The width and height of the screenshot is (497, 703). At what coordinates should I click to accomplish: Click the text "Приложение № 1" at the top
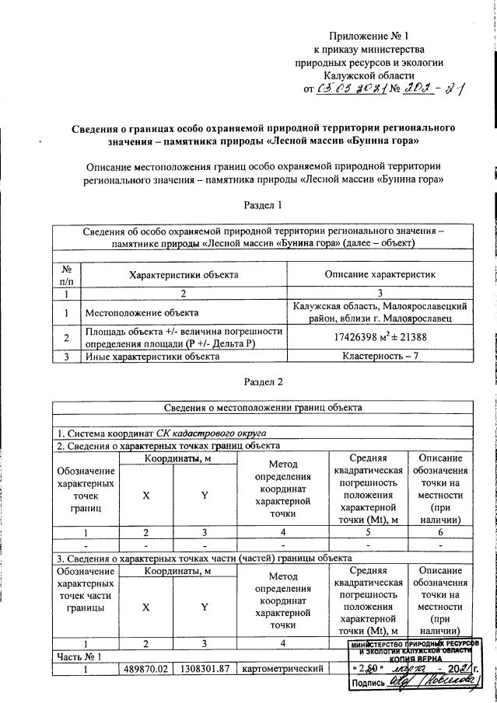click(x=369, y=36)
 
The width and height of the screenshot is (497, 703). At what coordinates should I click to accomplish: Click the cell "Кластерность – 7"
click(x=380, y=357)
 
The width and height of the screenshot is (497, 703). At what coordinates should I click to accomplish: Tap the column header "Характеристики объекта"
click(x=184, y=274)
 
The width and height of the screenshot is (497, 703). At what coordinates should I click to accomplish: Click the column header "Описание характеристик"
click(x=380, y=274)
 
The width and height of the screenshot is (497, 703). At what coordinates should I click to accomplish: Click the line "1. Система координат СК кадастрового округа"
click(x=160, y=432)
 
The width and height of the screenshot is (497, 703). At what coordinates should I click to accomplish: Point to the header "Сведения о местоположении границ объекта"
click(x=262, y=407)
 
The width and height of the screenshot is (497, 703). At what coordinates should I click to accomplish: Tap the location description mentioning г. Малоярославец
click(x=380, y=312)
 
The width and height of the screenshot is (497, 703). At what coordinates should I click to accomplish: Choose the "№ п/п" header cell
click(x=67, y=274)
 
